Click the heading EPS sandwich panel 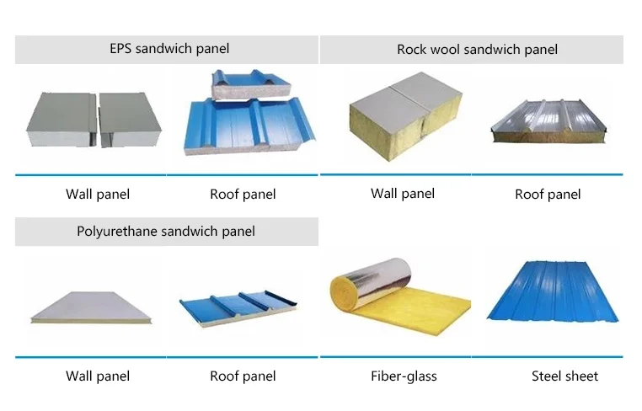[x=169, y=49]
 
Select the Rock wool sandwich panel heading [x=477, y=50]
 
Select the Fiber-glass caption [x=404, y=376]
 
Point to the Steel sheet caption [x=564, y=376]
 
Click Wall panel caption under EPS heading [x=98, y=195]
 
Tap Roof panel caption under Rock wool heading [x=548, y=195]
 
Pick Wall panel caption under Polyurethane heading [x=98, y=376]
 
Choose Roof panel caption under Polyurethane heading [x=243, y=376]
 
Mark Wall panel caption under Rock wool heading [x=403, y=194]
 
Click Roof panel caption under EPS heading [x=243, y=195]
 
